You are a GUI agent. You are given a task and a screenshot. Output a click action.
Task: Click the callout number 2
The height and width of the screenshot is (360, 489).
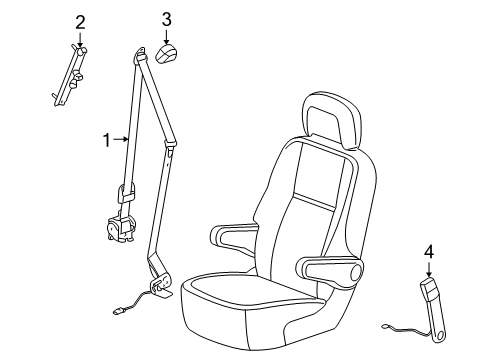point(80,21)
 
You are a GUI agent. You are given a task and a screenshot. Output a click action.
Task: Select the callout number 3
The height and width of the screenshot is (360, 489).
point(167,18)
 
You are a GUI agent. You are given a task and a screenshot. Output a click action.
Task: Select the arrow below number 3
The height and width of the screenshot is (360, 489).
point(167,35)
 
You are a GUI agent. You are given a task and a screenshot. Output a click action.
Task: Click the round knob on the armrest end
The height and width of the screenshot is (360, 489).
point(358,274)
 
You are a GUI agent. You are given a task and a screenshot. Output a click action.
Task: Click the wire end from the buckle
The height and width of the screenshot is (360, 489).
point(386,325)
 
